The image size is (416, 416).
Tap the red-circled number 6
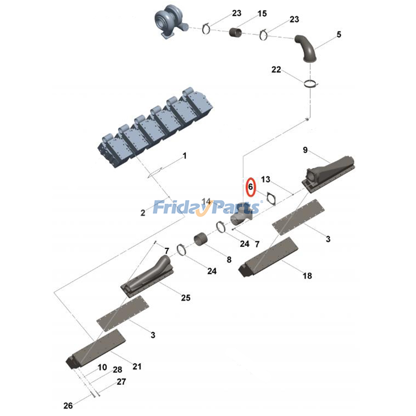pyautogui.click(x=251, y=187)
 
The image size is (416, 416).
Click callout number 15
pyautogui.click(x=262, y=14)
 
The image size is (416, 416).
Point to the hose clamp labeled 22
pyautogui.click(x=310, y=84)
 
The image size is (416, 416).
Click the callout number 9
pyautogui.click(x=305, y=150)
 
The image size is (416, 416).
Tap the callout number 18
pyautogui.click(x=307, y=276)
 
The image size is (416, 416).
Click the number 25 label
pyautogui.click(x=186, y=298)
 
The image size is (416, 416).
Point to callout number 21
pyautogui.click(x=137, y=367)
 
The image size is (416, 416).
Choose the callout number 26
pyautogui.click(x=68, y=405)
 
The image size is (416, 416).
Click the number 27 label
pyautogui.click(x=121, y=382)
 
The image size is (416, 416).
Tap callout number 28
pyautogui.click(x=118, y=369)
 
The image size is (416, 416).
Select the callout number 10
pyautogui.click(x=102, y=367)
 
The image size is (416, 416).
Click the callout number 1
pyautogui.click(x=185, y=156)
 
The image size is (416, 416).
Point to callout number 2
pyautogui.click(x=143, y=213)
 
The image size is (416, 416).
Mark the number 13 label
pyautogui.click(x=265, y=179)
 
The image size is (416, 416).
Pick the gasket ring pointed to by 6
pyautogui.click(x=271, y=199)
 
